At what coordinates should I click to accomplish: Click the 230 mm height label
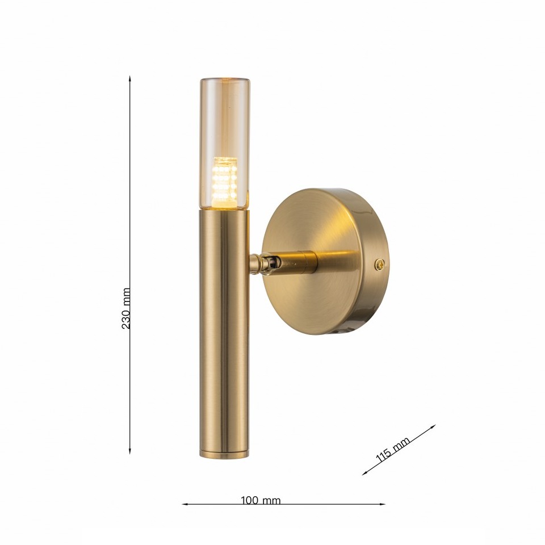coord(126,308)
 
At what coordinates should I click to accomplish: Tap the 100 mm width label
coord(261,501)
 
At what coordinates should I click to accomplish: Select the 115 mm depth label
coord(393,450)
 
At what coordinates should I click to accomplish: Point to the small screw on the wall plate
coord(380,265)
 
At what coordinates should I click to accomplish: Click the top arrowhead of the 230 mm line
coord(130,78)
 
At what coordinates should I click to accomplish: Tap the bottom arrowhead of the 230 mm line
coord(130,451)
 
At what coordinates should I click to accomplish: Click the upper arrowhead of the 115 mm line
coord(433,426)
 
